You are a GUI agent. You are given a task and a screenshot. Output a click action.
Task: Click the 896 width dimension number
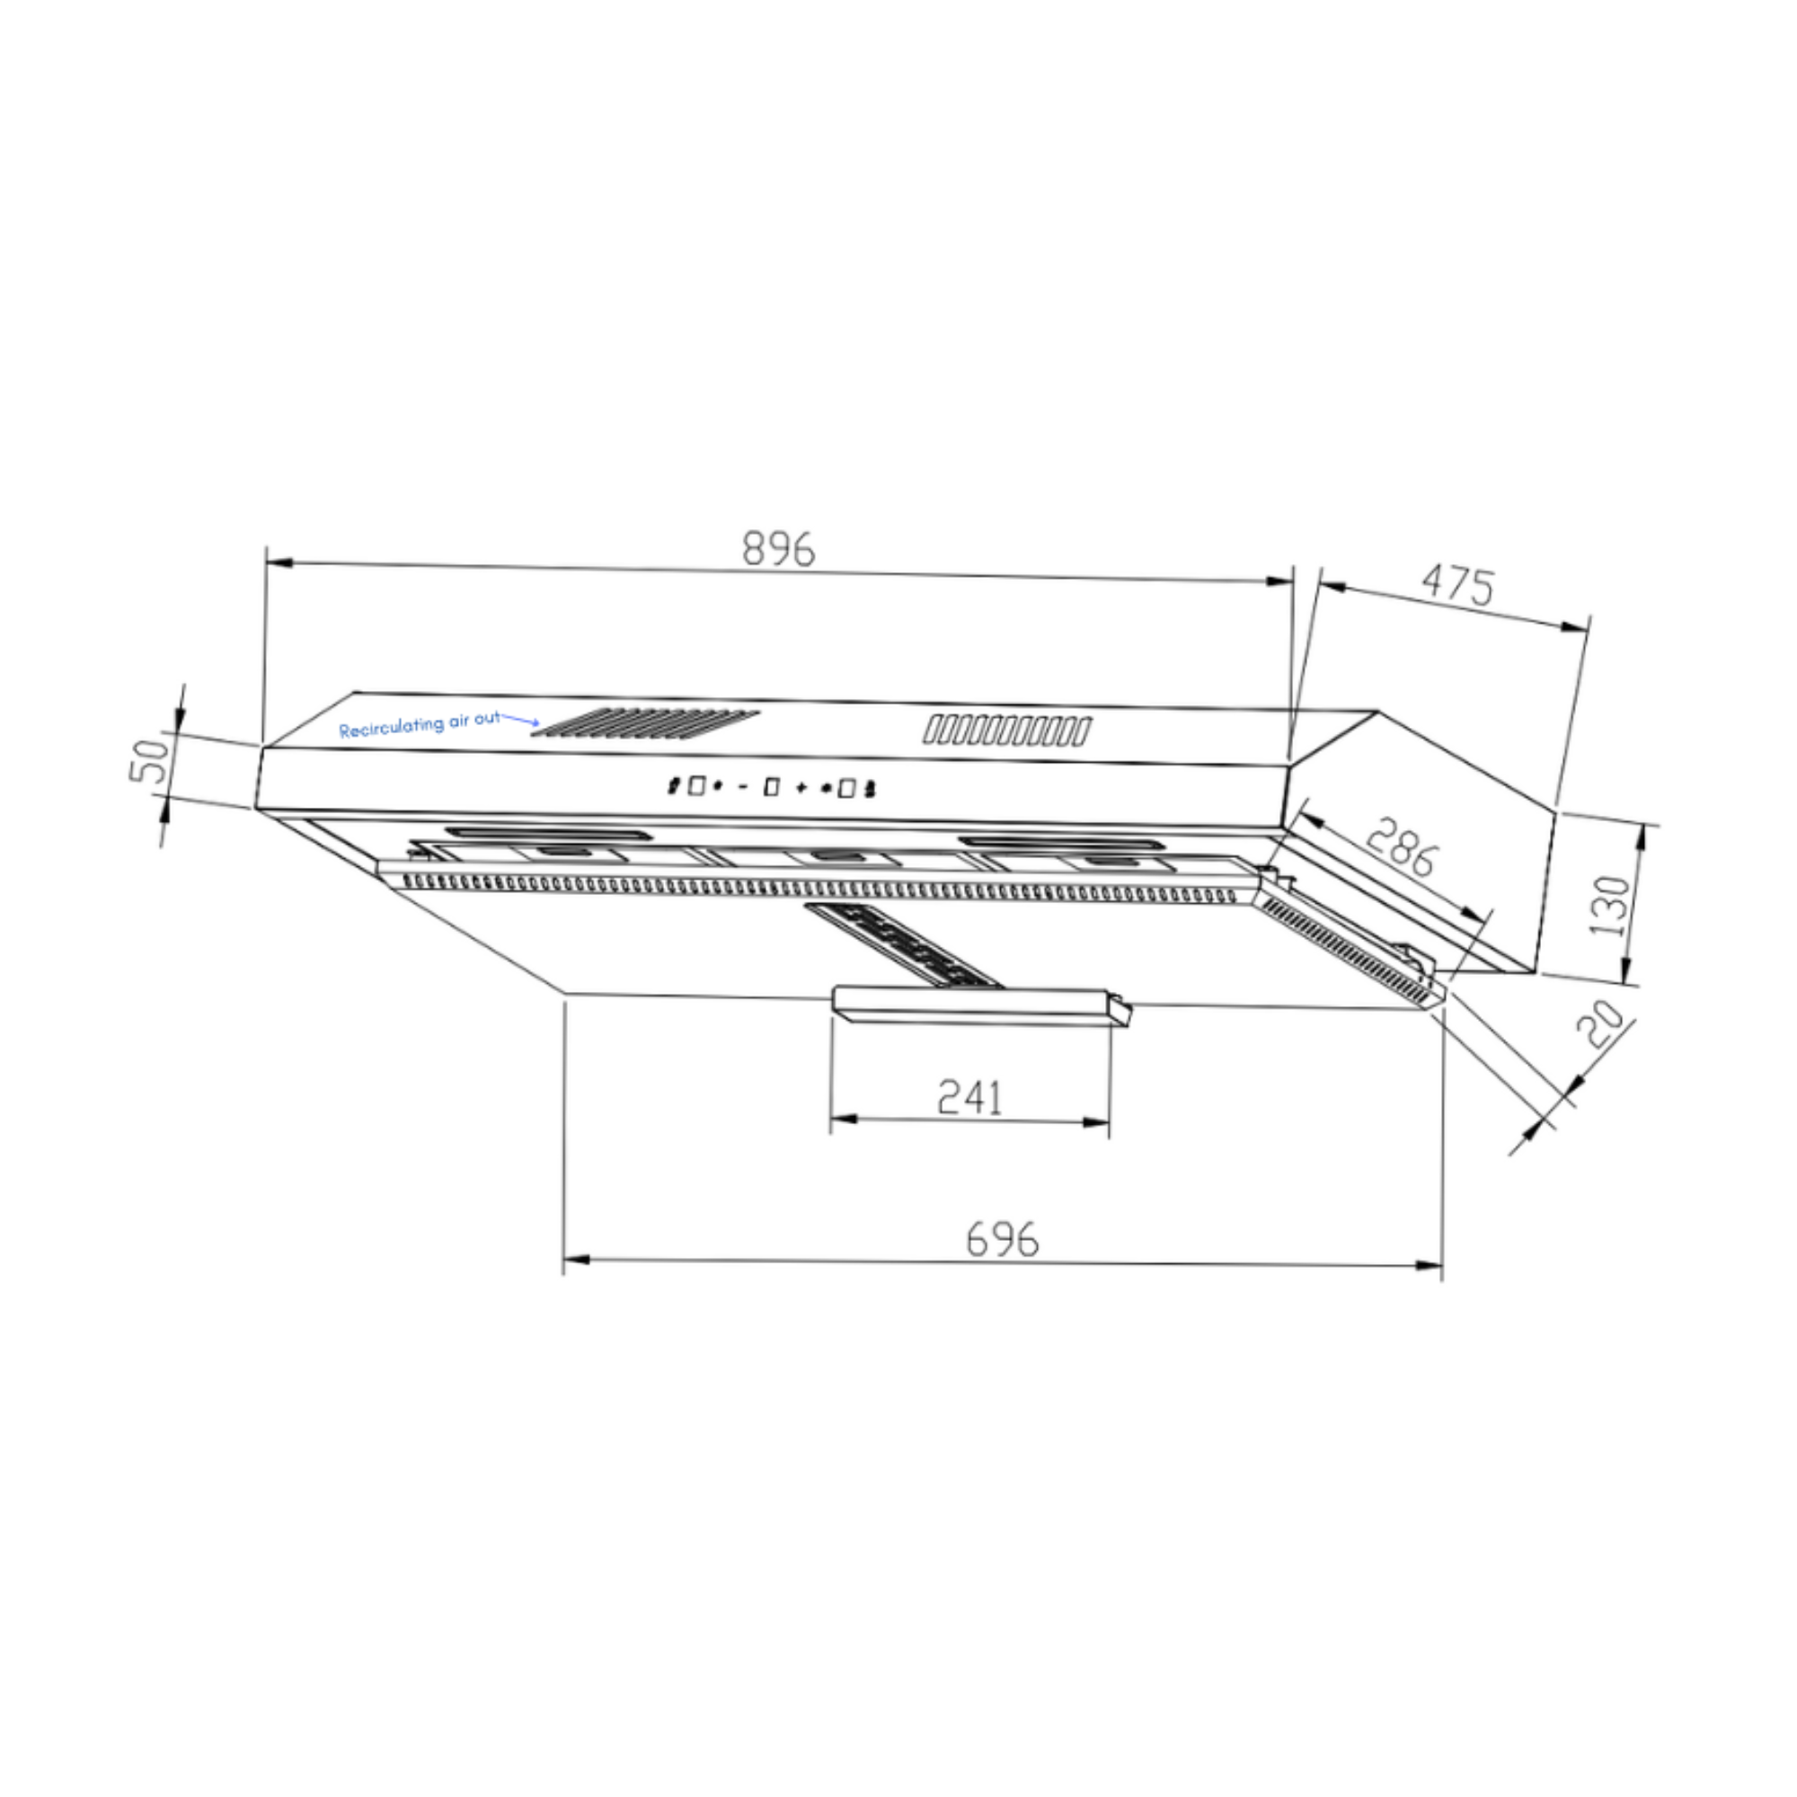778,550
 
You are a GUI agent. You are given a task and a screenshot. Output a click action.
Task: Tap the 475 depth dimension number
1457,585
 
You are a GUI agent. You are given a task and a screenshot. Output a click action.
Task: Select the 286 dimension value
1403,846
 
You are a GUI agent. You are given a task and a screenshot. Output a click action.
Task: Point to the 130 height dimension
1610,905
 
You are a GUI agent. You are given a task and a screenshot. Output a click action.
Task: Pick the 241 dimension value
969,1098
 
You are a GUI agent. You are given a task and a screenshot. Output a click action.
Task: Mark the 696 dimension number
1002,1239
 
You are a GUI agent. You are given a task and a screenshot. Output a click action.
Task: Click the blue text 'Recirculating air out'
419,724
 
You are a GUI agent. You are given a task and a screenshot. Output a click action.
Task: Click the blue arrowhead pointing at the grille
534,722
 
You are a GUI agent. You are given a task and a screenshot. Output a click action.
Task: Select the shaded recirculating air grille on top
645,722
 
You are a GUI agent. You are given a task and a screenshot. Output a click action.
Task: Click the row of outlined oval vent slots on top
1006,730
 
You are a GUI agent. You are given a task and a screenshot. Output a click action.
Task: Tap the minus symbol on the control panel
742,788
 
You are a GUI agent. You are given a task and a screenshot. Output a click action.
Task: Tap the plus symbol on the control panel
801,789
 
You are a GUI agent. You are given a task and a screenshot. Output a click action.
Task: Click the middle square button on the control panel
771,788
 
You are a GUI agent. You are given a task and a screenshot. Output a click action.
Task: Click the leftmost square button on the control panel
696,786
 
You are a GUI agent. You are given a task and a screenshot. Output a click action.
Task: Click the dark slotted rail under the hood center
902,944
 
